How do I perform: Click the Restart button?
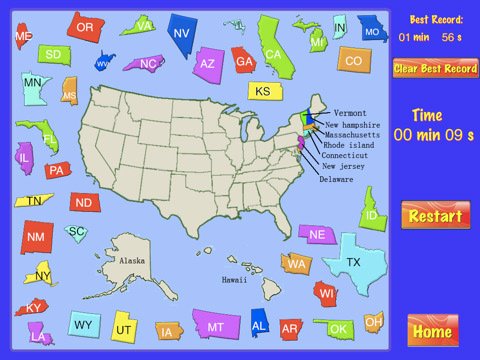(x=434, y=216)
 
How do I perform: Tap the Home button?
(x=432, y=331)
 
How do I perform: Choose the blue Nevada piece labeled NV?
(x=181, y=34)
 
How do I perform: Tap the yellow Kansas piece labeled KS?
(x=261, y=91)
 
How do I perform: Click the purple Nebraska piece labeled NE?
(x=317, y=234)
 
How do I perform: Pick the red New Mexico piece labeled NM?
(x=37, y=237)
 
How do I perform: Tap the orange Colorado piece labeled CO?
(x=352, y=61)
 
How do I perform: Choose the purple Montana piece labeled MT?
(x=215, y=326)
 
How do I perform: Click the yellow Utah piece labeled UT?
(x=123, y=327)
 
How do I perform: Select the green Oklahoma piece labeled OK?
(x=339, y=328)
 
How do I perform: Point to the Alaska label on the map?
(x=132, y=260)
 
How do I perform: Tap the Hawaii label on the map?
(x=234, y=280)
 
